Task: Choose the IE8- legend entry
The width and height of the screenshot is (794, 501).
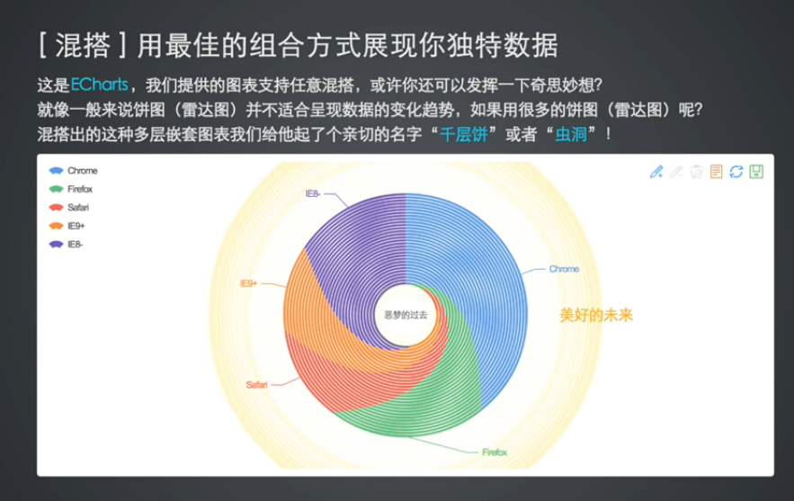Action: tap(69, 245)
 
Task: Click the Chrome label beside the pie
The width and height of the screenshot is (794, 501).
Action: tap(564, 269)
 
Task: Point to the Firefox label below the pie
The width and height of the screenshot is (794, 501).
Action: tap(495, 452)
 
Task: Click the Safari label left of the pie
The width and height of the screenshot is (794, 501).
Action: tap(256, 385)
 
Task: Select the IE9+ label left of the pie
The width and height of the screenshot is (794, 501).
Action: tap(248, 283)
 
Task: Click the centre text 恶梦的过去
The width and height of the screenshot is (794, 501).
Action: tap(405, 316)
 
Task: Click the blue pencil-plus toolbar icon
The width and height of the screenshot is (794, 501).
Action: tap(656, 172)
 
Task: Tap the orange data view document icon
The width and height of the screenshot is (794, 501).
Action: tap(717, 172)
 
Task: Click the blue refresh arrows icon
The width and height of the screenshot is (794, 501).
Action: tap(736, 172)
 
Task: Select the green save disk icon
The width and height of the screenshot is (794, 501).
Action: tap(756, 172)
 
